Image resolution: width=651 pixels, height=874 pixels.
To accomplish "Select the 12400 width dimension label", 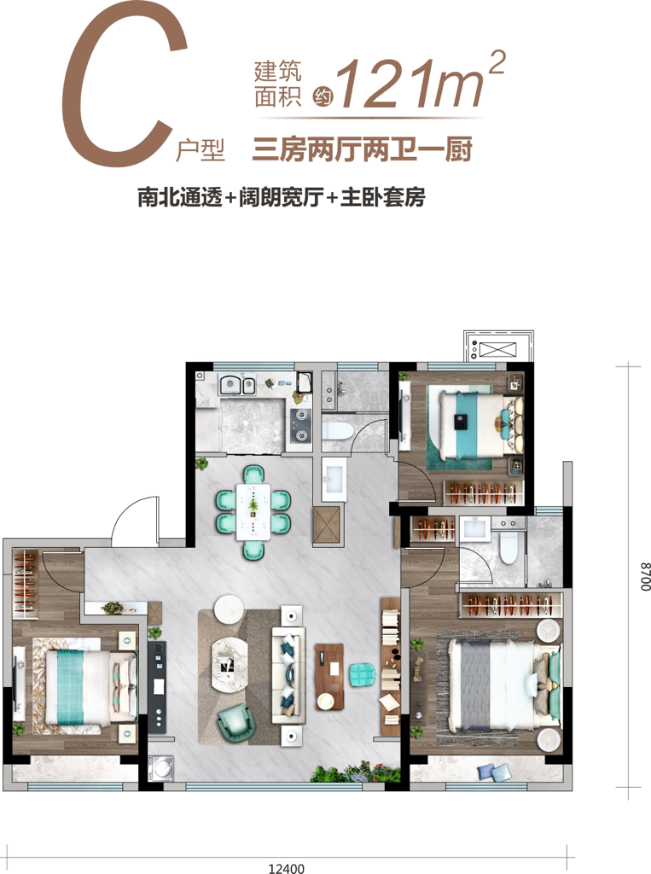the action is tap(287, 868).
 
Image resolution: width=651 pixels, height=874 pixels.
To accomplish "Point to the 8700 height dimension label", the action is tap(644, 576).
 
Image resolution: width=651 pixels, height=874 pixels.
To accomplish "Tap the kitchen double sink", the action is tap(237, 385).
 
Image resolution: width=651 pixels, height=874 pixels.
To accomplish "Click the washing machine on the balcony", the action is tap(161, 768).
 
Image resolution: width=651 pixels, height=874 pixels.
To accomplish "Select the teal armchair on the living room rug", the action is tap(236, 723).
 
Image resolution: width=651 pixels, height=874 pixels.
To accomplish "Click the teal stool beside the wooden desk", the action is tap(363, 674).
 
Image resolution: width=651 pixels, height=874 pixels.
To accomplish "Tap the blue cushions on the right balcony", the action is tap(494, 772).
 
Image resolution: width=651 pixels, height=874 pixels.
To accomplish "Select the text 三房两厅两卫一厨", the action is tap(363, 150).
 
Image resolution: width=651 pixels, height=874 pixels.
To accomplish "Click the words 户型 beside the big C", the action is tap(201, 149).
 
